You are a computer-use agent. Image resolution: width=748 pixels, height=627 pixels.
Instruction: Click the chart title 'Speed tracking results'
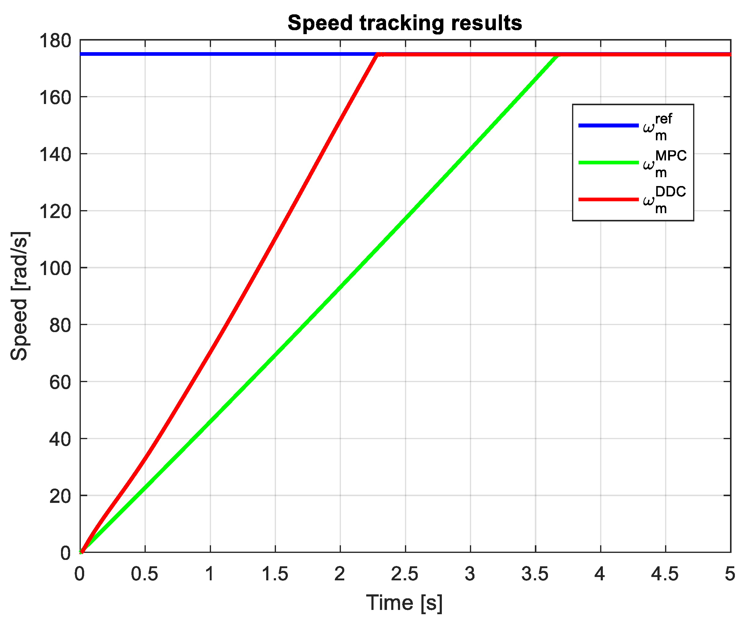(x=405, y=23)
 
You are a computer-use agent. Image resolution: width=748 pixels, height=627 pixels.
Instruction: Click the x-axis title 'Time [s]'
(x=405, y=603)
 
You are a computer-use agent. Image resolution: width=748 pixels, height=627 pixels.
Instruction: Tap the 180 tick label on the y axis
(x=55, y=41)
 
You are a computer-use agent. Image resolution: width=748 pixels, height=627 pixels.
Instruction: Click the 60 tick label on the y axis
(x=60, y=382)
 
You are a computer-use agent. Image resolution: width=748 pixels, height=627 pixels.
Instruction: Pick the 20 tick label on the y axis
(x=60, y=496)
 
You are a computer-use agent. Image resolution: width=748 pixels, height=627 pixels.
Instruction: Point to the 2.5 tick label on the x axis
(x=405, y=574)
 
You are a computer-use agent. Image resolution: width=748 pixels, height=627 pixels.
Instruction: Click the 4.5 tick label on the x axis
(x=665, y=574)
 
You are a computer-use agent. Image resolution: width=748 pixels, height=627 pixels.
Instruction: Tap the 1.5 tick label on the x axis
(x=275, y=574)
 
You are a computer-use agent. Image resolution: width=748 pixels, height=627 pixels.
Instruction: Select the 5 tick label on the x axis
(x=730, y=574)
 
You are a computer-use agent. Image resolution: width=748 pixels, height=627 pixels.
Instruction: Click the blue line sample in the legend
(x=608, y=125)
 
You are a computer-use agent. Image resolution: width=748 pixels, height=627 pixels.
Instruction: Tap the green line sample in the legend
(x=608, y=163)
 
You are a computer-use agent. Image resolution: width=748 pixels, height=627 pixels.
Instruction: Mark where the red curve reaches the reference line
(x=378, y=55)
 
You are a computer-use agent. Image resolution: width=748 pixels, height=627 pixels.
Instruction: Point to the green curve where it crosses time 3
(x=471, y=149)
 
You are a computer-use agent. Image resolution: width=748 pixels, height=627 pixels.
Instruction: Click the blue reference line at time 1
(x=210, y=54)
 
